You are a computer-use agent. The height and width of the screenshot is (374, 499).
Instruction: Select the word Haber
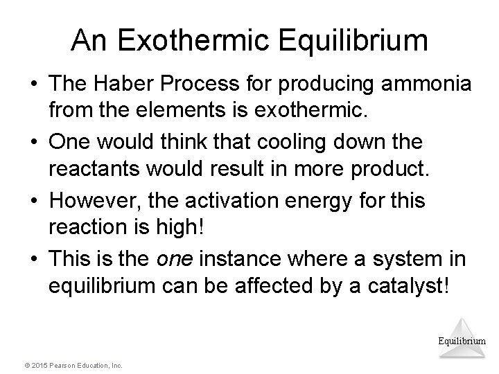pos(121,87)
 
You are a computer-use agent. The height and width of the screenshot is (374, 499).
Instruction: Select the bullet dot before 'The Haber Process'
pos(33,87)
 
